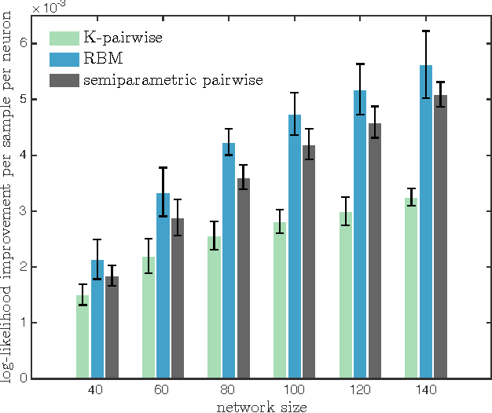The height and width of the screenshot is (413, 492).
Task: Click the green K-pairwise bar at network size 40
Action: pos(83,338)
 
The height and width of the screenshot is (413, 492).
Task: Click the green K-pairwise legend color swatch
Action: pos(64,38)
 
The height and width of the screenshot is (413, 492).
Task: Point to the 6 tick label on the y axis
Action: pos(24,43)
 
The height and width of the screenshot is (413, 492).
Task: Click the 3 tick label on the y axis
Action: pos(24,211)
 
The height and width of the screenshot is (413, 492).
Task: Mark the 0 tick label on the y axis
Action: pos(24,378)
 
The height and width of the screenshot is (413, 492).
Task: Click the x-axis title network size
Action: pos(262,406)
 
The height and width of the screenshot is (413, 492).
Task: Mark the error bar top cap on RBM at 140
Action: pos(426,31)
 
